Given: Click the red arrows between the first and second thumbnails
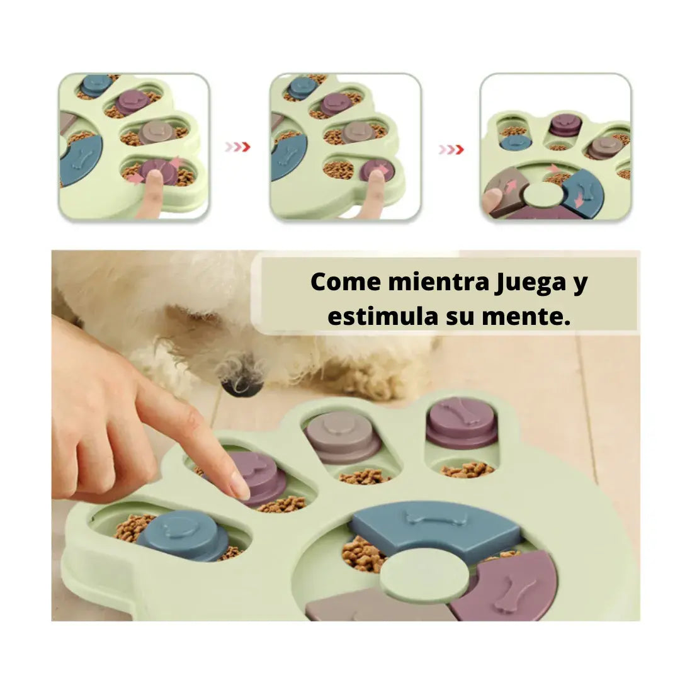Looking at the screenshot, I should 238,147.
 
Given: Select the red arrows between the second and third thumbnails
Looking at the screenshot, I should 451,149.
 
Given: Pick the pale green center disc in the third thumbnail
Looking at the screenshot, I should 543,195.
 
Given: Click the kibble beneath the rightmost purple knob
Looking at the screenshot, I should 467,469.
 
